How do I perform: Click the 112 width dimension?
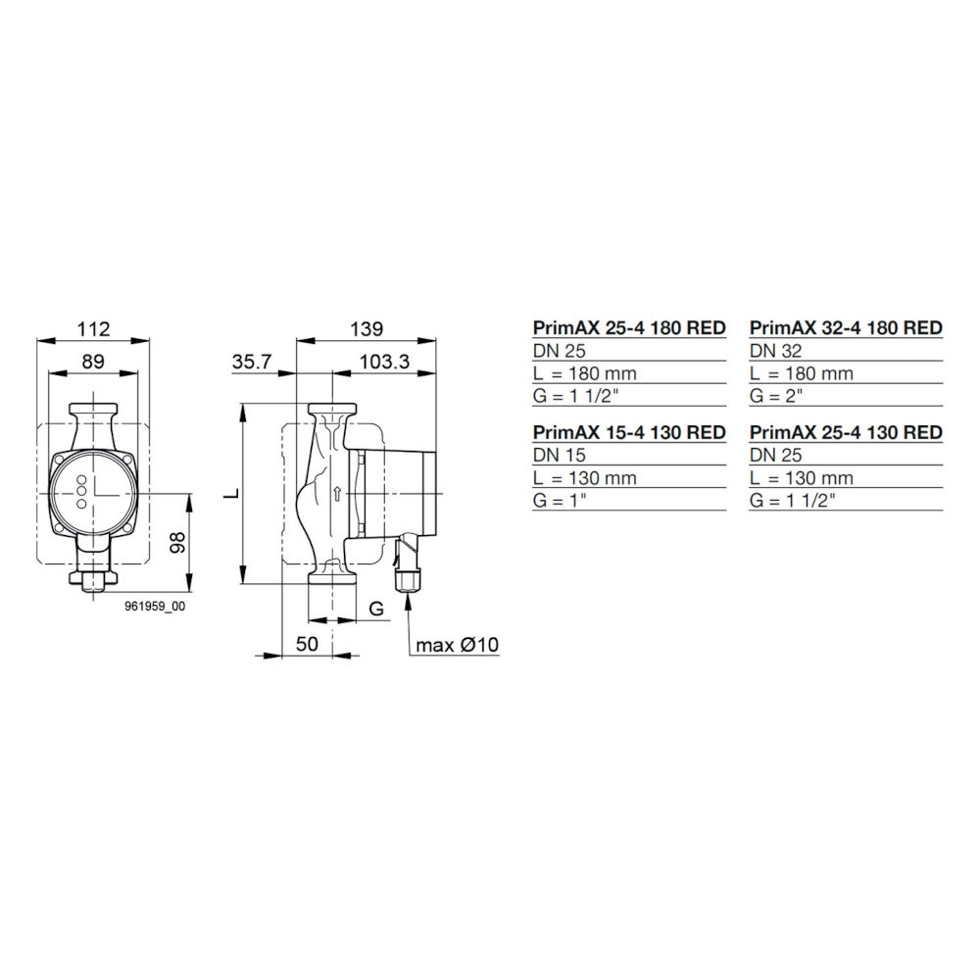(93, 327)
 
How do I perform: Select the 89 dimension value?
(93, 361)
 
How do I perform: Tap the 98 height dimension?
(177, 545)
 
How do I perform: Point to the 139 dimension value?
(367, 327)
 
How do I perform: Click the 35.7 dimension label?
(252, 361)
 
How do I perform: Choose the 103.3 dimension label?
(384, 361)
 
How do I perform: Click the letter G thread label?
(375, 609)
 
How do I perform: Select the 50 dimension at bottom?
(308, 644)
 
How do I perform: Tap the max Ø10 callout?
(458, 645)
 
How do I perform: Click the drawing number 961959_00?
(154, 608)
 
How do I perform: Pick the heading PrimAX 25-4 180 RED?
(628, 327)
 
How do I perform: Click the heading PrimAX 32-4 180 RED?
(846, 327)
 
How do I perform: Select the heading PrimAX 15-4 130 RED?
(628, 432)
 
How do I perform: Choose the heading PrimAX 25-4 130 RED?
(846, 432)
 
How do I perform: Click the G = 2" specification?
(777, 396)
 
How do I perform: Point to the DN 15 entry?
(558, 455)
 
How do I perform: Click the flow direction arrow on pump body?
(336, 494)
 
